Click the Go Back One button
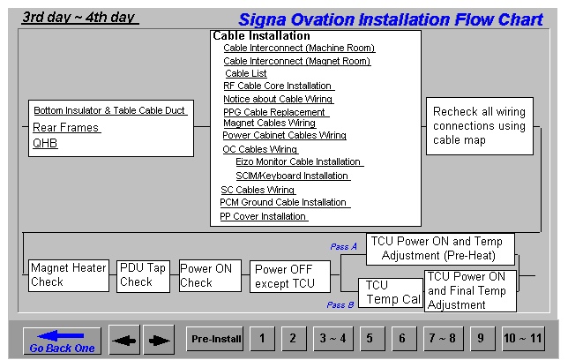coord(62,341)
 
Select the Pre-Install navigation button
coord(215,339)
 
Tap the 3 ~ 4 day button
coord(333,339)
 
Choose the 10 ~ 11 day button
coord(523,339)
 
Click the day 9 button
coord(481,339)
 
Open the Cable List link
coord(246,73)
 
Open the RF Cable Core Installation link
coord(278,86)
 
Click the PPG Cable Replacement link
coord(274,112)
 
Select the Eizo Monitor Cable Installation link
coord(298,161)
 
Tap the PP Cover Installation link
coord(263,216)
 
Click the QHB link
coord(45,143)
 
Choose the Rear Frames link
coord(66,128)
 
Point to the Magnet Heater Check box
coord(69,275)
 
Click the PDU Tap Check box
coord(143,276)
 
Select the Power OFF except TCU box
coord(290,276)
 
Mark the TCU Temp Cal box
coord(391,293)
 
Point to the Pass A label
coord(343,247)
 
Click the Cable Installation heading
coord(262,36)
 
